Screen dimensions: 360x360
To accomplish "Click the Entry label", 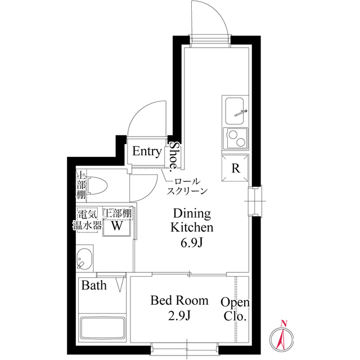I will (147, 152).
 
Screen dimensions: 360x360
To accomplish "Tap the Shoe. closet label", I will (174, 156).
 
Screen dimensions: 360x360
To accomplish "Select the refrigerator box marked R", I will (236, 168).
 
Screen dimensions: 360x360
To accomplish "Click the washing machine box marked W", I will (116, 227).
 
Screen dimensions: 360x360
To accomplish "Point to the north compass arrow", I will (283, 336).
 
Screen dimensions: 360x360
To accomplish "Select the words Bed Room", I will (179, 300).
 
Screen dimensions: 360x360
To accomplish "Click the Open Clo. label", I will (235, 309).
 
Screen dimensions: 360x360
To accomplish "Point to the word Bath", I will (94, 285).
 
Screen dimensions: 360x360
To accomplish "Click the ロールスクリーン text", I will (187, 186).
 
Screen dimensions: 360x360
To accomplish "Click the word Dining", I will (192, 214).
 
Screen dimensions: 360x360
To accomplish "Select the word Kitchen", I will (192, 228).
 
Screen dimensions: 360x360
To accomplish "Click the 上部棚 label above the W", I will (117, 214).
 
